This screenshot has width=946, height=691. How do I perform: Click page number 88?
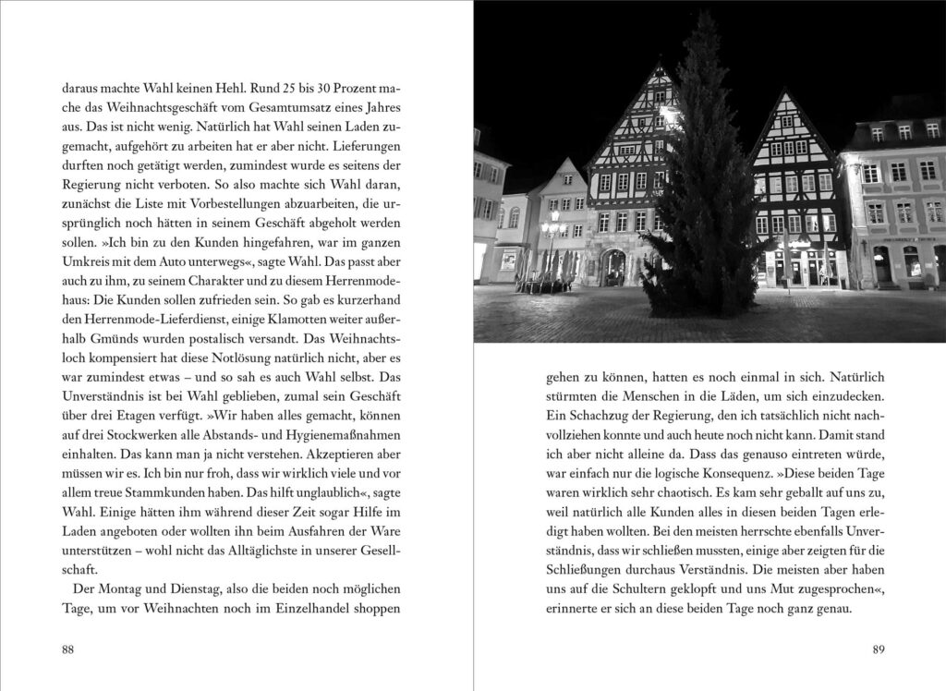[67, 649]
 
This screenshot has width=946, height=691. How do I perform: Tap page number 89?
[879, 649]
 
